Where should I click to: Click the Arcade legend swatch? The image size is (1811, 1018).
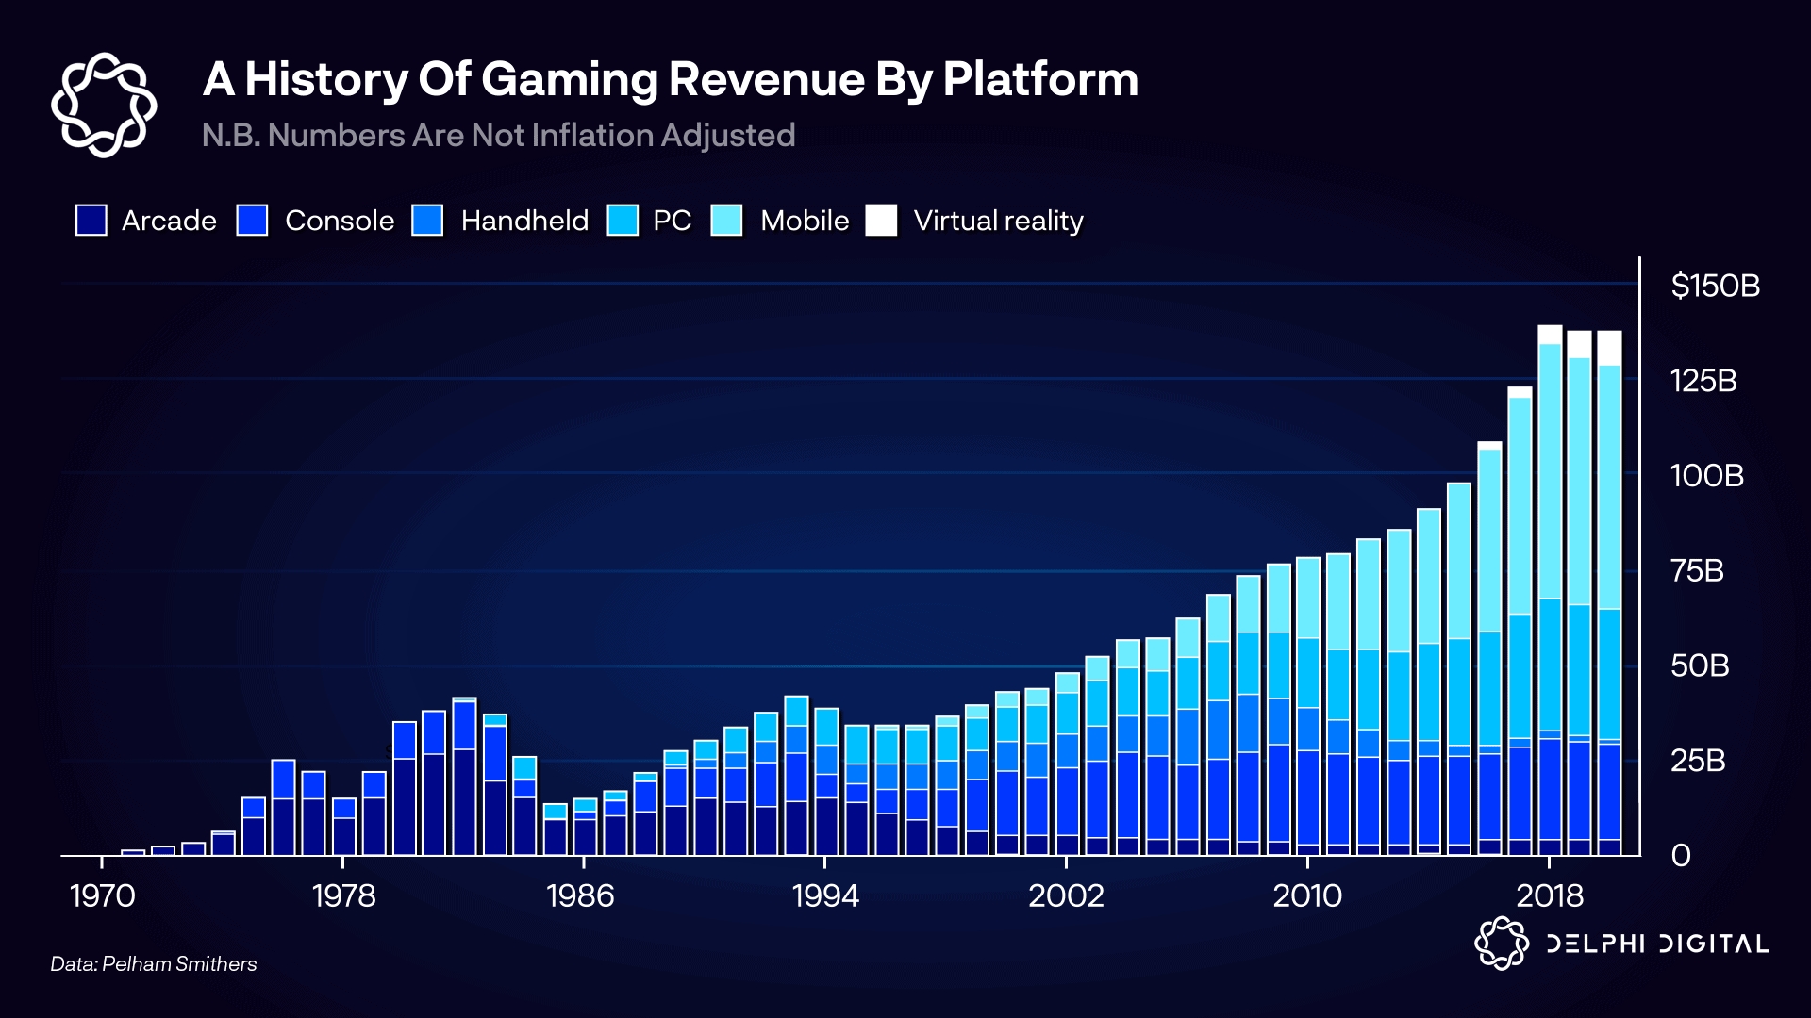91,221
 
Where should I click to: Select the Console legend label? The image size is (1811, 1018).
340,221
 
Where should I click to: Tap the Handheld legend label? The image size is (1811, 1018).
524,221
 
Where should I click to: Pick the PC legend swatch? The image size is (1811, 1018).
623,221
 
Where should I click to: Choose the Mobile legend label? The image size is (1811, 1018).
805,221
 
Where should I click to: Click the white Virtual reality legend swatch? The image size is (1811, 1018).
882,221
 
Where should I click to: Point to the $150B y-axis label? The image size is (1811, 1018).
1715,286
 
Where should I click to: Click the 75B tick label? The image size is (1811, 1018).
1697,570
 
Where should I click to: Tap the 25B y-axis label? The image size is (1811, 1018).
1697,760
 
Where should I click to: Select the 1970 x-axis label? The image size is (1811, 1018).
102,895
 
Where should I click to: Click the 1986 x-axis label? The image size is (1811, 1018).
580,895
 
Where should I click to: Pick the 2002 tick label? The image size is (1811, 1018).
1066,895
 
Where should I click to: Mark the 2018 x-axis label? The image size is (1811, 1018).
1550,895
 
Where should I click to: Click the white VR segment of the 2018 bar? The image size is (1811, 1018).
1550,335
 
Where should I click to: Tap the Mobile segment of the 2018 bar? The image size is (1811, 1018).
1550,471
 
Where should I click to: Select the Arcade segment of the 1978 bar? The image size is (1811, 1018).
344,836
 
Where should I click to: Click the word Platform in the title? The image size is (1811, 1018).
1040,79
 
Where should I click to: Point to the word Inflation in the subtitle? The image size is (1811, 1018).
592,136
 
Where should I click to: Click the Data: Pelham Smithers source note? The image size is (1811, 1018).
154,963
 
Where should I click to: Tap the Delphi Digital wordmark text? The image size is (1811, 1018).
1657,944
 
